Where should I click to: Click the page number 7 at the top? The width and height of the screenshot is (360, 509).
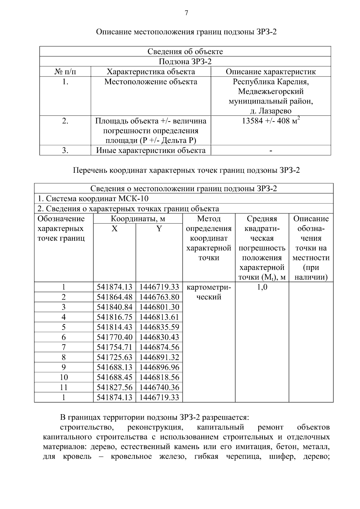[x=186, y=13]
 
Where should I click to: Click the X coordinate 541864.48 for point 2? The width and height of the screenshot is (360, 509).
[x=114, y=297]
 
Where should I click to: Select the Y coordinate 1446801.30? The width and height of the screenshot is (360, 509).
[x=159, y=307]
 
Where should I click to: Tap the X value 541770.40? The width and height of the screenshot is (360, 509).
[x=114, y=337]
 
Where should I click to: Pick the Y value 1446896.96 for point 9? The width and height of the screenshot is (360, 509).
[x=159, y=367]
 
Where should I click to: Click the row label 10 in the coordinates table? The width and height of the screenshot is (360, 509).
[x=64, y=377]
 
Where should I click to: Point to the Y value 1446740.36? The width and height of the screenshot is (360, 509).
[x=159, y=387]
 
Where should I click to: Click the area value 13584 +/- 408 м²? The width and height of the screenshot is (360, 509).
[x=271, y=121]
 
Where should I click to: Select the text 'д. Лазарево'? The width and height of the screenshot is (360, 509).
[x=271, y=111]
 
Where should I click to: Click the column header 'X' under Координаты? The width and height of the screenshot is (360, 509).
[x=114, y=229]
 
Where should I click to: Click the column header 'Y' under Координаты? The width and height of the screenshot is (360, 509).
[x=159, y=229]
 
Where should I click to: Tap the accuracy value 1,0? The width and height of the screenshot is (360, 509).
[x=262, y=287]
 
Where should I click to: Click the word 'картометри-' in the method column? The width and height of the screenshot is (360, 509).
[x=209, y=287]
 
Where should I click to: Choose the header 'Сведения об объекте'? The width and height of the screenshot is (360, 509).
[x=185, y=52]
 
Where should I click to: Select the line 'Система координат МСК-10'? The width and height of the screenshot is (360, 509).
[x=93, y=199]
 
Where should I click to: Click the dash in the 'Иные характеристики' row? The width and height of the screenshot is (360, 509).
[x=271, y=151]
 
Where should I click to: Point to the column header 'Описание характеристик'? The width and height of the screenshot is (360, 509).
[x=271, y=72]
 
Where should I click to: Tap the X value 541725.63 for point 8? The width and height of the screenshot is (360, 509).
[x=114, y=357]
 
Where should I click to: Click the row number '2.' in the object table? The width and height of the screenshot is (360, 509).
[x=65, y=121]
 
